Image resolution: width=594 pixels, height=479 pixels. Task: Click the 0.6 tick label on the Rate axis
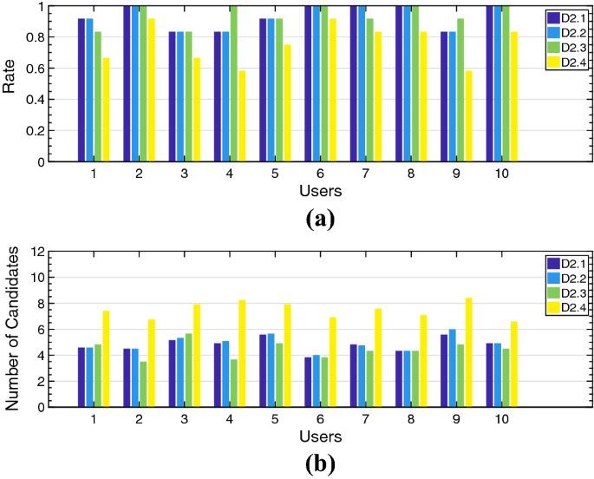click(x=36, y=69)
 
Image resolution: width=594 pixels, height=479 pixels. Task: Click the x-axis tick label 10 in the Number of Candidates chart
click(x=502, y=419)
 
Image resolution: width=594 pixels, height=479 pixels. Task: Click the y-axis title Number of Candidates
click(x=11, y=329)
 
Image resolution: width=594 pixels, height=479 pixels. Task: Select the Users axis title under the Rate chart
click(x=320, y=190)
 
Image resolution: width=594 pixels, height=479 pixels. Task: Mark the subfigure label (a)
click(x=320, y=218)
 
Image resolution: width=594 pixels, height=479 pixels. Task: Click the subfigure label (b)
click(x=320, y=463)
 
